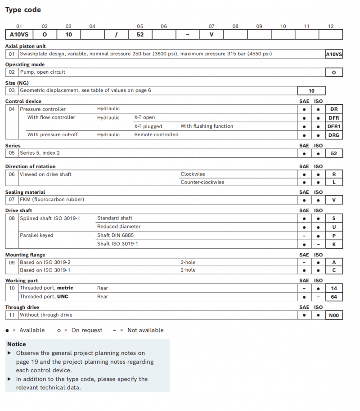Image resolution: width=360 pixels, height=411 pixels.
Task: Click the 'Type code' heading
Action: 23,10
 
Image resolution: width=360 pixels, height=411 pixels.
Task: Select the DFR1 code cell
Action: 333,126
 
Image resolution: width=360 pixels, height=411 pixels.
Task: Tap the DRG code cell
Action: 333,135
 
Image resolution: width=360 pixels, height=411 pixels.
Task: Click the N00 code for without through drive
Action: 333,315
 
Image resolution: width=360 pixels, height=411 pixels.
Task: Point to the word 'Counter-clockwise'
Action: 202,182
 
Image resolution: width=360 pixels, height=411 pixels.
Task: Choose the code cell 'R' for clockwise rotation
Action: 333,174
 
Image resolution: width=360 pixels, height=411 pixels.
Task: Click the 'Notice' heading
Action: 17,344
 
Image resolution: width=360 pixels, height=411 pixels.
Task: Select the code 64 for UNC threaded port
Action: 333,297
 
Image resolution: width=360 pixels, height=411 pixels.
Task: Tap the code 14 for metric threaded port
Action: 333,288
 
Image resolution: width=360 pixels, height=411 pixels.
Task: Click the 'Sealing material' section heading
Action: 25,192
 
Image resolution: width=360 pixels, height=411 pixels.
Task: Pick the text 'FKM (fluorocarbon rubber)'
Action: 52,200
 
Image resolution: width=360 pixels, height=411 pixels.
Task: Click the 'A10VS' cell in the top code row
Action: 19,34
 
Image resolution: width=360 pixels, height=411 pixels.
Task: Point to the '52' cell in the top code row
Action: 140,34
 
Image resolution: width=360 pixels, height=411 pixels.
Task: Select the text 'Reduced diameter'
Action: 119,227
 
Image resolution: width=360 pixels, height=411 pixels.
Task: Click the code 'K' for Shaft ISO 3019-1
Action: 333,244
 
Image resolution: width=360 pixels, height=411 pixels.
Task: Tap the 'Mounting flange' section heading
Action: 25,255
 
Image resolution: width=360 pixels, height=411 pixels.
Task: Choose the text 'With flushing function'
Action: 207,126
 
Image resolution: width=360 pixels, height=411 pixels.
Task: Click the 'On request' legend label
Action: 87,330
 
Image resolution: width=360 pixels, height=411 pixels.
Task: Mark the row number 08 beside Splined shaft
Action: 12,218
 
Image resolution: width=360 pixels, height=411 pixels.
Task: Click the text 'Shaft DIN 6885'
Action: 115,235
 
